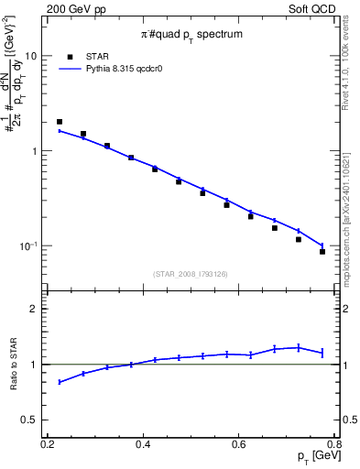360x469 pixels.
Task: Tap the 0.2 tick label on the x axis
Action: tap(48, 444)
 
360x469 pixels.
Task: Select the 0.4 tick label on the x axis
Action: tap(143, 444)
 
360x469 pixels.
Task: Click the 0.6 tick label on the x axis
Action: tap(239, 444)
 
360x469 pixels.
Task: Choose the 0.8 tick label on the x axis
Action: tap(334, 444)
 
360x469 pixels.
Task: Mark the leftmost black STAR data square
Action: tap(60, 122)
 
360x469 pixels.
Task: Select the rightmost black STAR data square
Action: tap(322, 251)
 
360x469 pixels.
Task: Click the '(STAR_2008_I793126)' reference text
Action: tap(191, 272)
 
